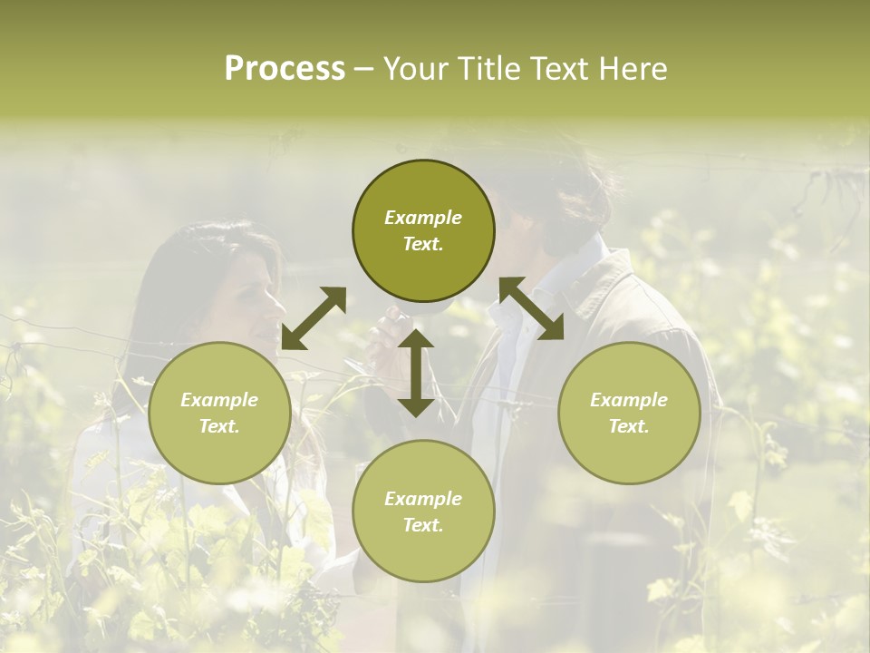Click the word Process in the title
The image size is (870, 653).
285,69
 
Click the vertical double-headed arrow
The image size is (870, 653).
416,373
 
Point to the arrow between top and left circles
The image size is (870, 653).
314,317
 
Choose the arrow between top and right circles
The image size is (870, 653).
531,309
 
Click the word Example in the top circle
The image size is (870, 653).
423,218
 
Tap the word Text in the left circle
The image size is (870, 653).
219,426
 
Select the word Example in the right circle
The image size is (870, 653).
629,400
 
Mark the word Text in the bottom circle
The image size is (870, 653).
423,525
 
